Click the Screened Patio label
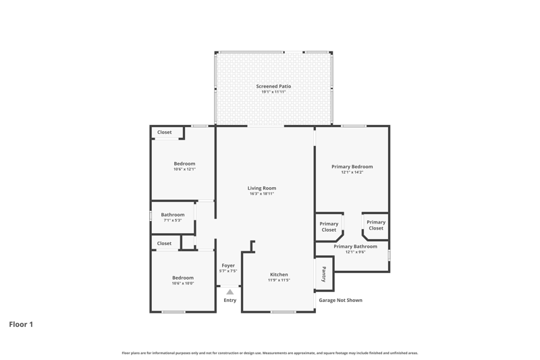(273, 86)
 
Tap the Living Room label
(262, 188)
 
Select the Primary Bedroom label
(352, 167)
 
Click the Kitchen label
(279, 275)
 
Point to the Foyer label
(228, 265)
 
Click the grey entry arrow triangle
(230, 292)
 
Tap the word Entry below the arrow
(230, 301)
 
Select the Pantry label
(324, 274)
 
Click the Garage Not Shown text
(341, 301)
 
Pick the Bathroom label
(173, 215)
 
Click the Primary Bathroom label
(355, 247)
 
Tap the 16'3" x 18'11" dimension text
(262, 194)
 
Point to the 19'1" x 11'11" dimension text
(273, 92)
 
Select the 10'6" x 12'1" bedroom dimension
(184, 170)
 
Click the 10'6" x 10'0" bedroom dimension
(183, 284)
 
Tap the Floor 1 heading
(21, 324)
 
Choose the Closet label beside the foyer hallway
(164, 244)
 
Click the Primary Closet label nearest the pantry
(329, 227)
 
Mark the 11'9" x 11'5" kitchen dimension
(279, 280)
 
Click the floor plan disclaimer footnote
(270, 353)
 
